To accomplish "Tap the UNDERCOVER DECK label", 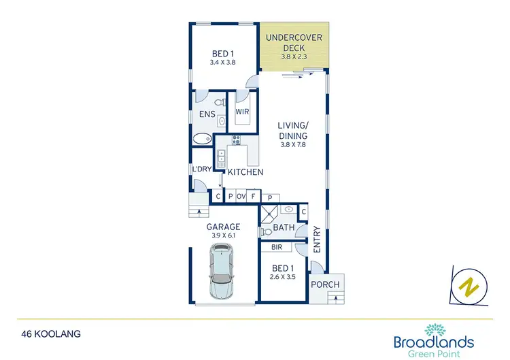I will [294, 42].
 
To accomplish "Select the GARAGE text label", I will [223, 227].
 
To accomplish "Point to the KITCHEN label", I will [245, 172].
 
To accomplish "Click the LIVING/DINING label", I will [293, 131].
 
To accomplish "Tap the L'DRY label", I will [201, 169].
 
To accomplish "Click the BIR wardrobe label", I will [276, 248].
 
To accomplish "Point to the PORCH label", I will [326, 284].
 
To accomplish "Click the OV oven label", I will [241, 197].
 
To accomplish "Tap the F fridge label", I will [253, 197].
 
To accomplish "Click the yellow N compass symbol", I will [469, 287].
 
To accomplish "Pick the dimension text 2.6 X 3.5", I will [283, 276].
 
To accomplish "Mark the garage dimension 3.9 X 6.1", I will [223, 235].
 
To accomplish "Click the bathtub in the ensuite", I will [202, 140].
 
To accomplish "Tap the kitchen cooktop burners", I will [237, 141].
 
